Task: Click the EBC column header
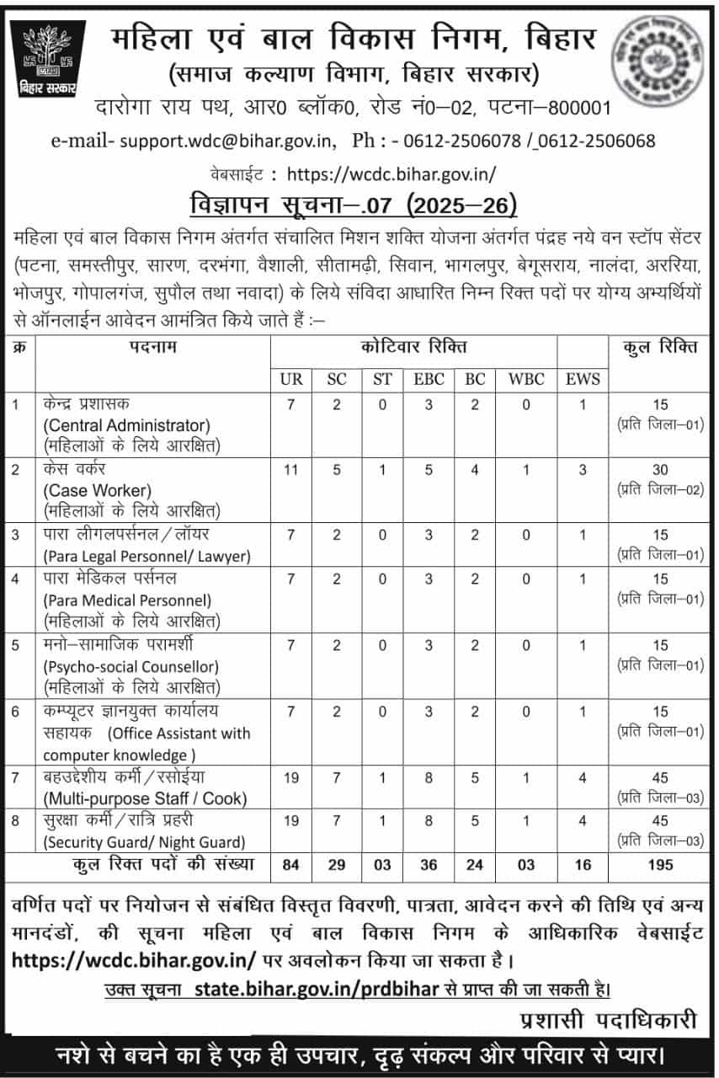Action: click(x=429, y=379)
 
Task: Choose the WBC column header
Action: click(x=526, y=379)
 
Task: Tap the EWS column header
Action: click(x=583, y=379)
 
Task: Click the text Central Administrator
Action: click(x=126, y=424)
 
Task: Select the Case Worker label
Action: click(x=97, y=490)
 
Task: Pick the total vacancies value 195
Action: click(x=659, y=864)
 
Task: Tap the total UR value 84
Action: click(x=291, y=864)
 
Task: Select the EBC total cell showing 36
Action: click(x=429, y=864)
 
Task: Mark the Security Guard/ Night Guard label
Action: click(x=144, y=841)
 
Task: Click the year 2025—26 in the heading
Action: click(x=461, y=205)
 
